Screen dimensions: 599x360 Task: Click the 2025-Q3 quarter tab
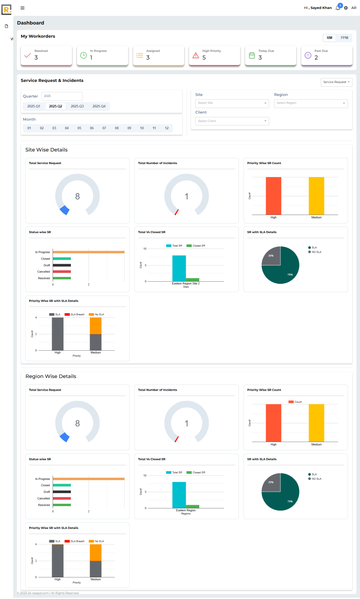[x=77, y=106]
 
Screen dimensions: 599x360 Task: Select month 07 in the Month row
[x=104, y=128]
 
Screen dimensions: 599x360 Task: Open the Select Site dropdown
[x=232, y=103]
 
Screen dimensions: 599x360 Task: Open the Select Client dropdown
[x=232, y=121]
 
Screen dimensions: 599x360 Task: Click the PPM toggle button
[x=344, y=38]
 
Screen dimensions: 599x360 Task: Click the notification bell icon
[x=338, y=8]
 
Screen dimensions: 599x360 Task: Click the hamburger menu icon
[x=23, y=8]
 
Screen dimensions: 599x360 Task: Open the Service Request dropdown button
[x=336, y=82]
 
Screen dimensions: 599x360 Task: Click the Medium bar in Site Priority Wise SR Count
[x=316, y=196]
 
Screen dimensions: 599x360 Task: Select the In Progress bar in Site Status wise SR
[x=88, y=252]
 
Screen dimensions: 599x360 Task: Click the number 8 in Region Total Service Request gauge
[x=78, y=423]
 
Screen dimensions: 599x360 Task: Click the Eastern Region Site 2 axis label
[x=186, y=283]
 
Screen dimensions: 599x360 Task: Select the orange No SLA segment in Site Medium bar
[x=95, y=326]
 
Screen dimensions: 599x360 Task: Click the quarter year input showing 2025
[x=62, y=96]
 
